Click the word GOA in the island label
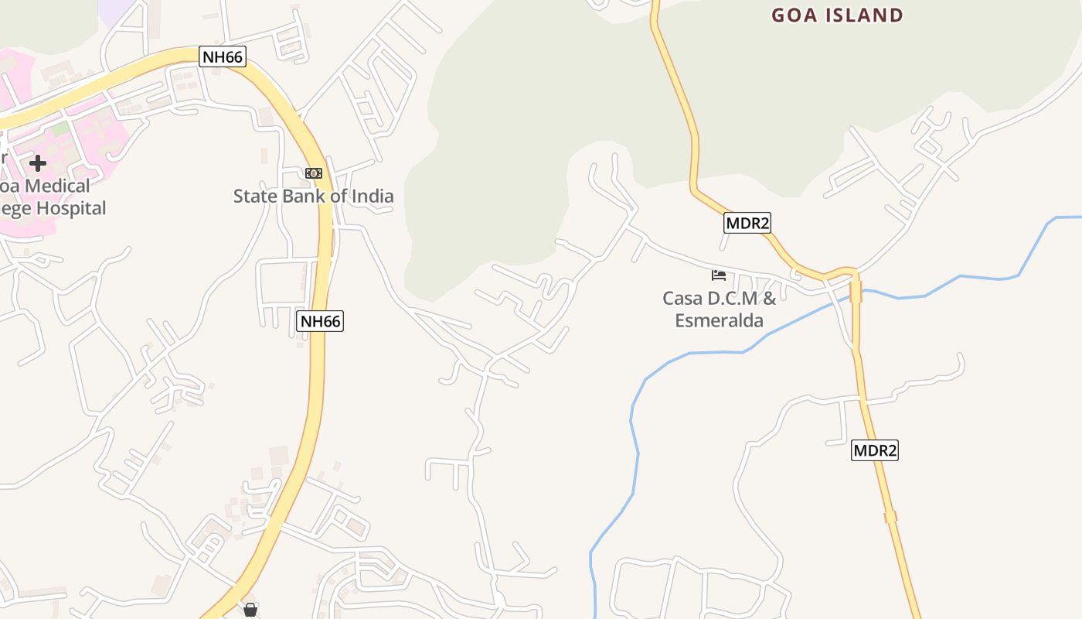pos(795,15)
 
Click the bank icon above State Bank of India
pos(313,173)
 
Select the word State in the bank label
pos(254,196)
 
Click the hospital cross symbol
pos(37,162)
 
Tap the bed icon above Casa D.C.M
pos(719,275)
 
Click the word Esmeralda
pos(719,320)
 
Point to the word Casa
pos(682,298)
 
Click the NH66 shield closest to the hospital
pos(223,56)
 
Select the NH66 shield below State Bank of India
pos(320,321)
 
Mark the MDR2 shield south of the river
pos(875,450)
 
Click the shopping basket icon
pos(250,610)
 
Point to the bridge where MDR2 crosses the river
pos(856,291)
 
